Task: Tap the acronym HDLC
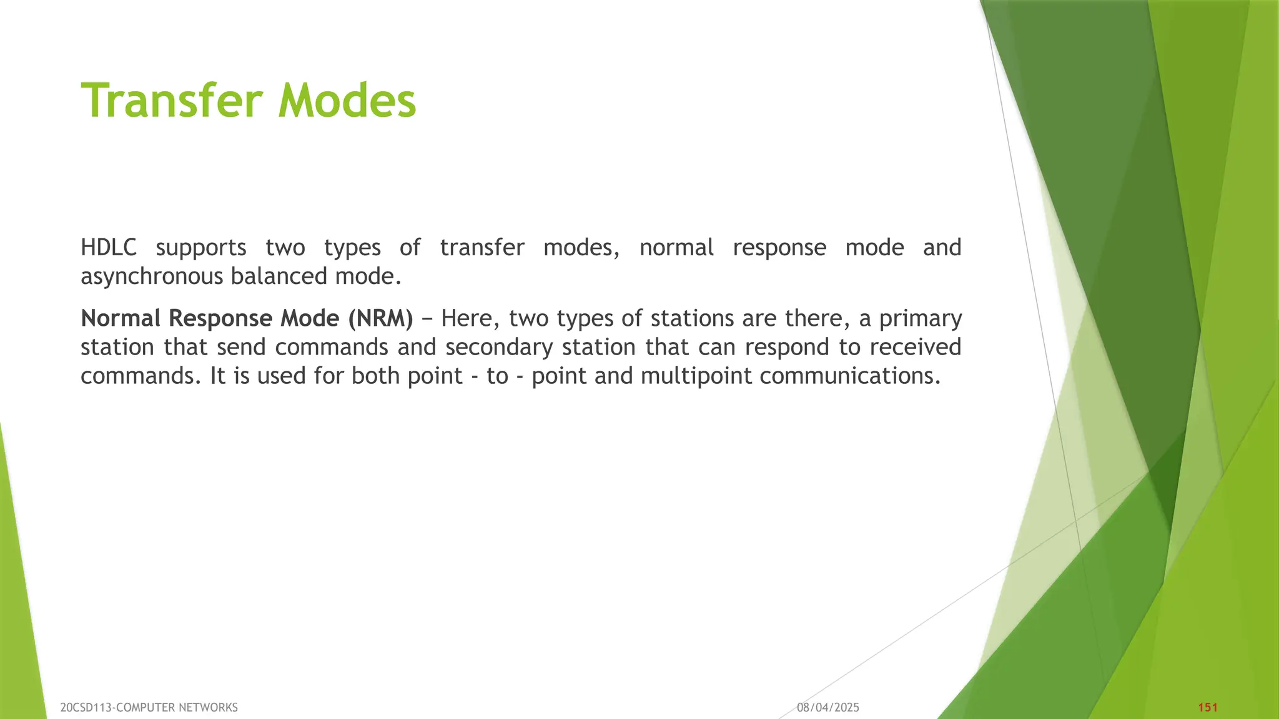[x=109, y=248]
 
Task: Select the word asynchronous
[x=152, y=276]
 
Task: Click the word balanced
[x=279, y=276]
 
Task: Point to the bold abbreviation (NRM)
[x=380, y=318]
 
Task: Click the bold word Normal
[x=121, y=318]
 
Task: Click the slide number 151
[x=1208, y=707]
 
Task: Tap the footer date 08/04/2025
[x=828, y=707]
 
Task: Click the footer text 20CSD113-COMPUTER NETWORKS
[x=149, y=707]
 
